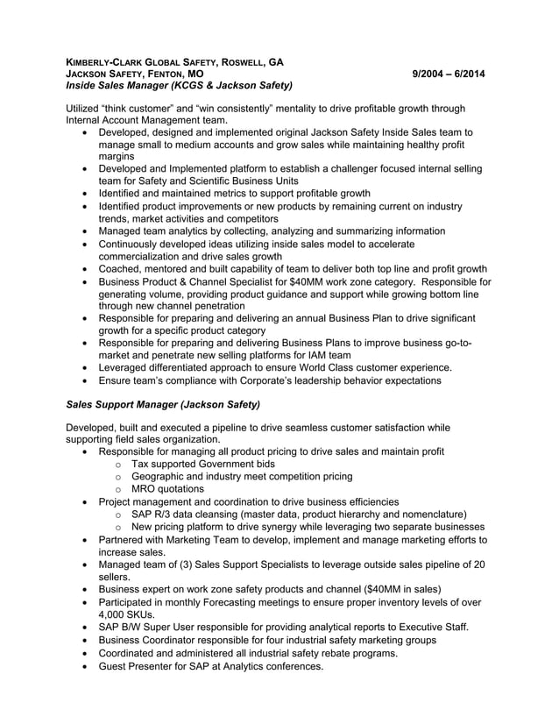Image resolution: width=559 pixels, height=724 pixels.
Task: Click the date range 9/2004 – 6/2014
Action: (448, 75)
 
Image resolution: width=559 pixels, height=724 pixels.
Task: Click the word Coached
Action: (123, 268)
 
